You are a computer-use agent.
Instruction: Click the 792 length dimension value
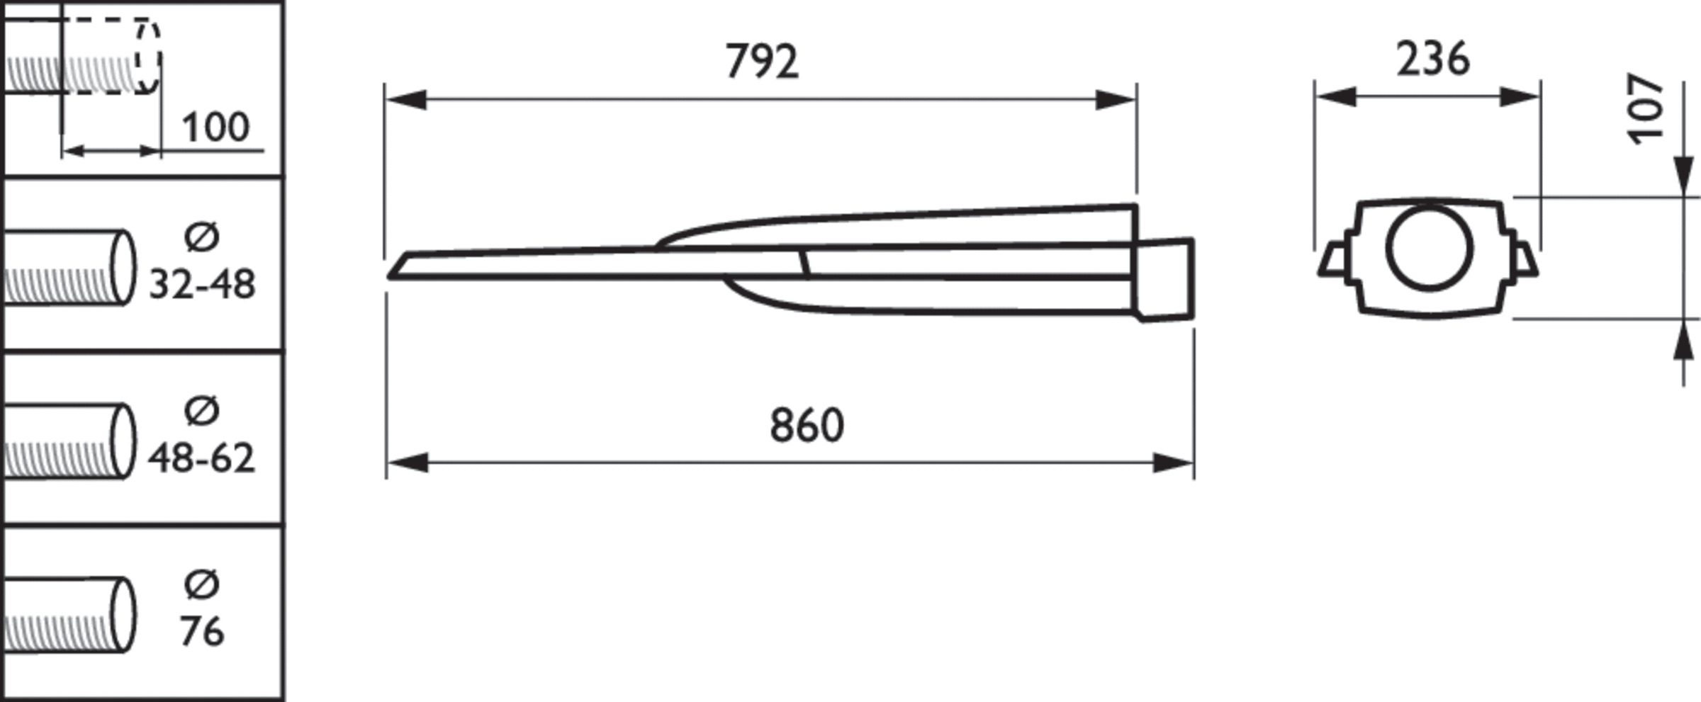pos(762,61)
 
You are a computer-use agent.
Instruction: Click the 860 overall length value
pos(807,425)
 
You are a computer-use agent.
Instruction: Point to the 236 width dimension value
pos(1432,59)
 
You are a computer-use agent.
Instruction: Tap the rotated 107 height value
pos(1645,108)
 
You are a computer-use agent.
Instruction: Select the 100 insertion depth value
pos(215,128)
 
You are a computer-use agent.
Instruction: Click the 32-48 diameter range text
pos(202,285)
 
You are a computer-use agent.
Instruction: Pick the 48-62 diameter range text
pos(201,458)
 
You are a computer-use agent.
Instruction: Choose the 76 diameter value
pos(202,630)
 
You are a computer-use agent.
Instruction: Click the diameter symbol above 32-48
pos(202,237)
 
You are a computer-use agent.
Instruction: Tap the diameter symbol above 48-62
pos(202,410)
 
